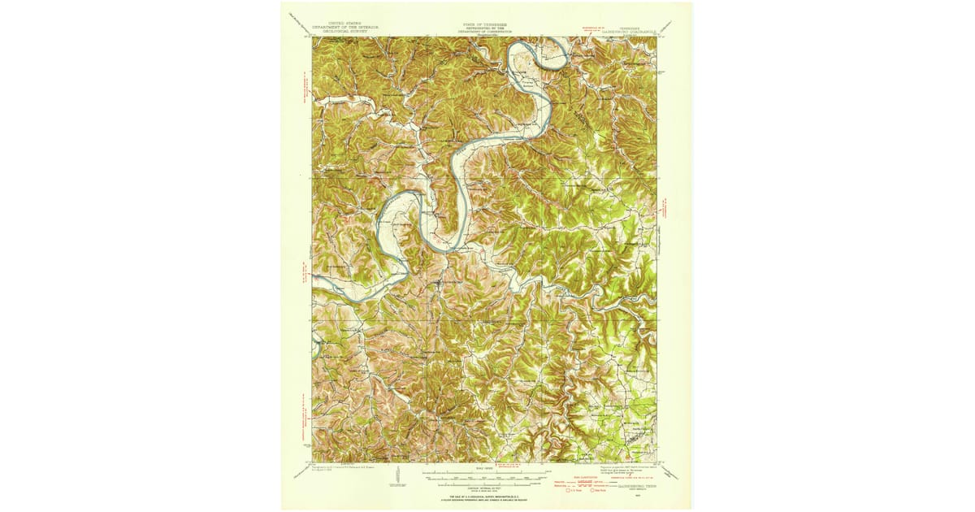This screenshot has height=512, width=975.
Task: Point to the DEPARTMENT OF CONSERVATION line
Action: point(484,33)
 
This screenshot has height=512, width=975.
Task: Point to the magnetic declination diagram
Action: point(396,476)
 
